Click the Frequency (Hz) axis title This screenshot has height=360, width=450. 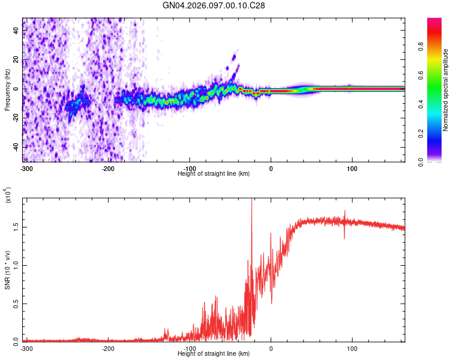(7, 90)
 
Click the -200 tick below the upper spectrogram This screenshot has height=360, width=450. (109, 168)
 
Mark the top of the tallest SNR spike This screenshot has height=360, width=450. (251, 200)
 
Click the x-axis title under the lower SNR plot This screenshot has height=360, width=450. (214, 353)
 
